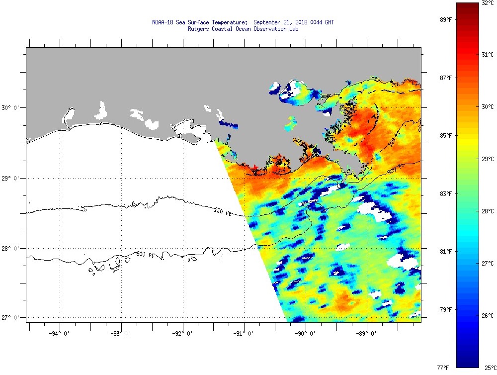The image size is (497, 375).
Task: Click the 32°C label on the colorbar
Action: point(487,3)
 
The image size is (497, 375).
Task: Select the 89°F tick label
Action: point(445,20)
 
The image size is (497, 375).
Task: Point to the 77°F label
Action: point(443,368)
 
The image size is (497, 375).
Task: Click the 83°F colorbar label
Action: point(445,194)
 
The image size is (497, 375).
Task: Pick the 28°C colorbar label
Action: point(488,211)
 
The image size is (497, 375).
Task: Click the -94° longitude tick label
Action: point(60,334)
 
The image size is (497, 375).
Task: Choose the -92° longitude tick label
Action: point(182,334)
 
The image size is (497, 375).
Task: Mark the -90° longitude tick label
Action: point(305,334)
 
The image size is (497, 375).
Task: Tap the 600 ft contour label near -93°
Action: point(143,254)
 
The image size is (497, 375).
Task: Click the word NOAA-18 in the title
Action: point(163,22)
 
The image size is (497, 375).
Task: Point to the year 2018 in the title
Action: point(301,22)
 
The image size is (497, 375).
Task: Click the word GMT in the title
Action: point(329,22)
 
